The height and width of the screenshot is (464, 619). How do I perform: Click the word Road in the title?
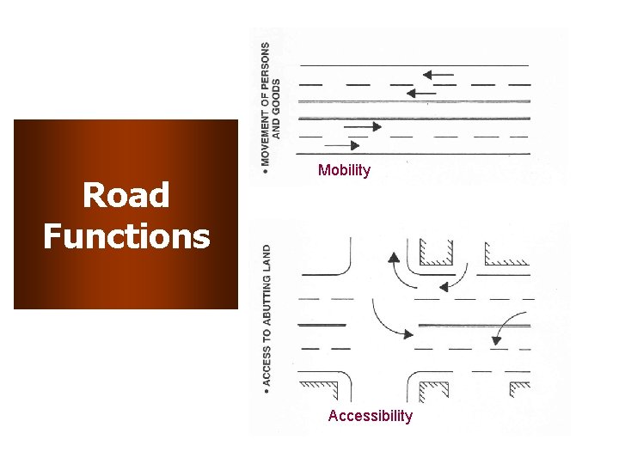(126, 196)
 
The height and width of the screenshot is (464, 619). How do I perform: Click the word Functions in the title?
(126, 235)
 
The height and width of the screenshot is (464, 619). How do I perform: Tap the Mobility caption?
(344, 170)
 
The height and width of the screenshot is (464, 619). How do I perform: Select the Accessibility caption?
(370, 416)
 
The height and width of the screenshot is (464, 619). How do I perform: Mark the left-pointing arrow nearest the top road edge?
(438, 75)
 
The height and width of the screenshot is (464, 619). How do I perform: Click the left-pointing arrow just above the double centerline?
(421, 92)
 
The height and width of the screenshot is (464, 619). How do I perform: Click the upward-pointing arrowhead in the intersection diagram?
(392, 257)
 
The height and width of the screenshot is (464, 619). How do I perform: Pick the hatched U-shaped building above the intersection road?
(437, 252)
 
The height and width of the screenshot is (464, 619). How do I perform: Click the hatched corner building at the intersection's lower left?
(324, 386)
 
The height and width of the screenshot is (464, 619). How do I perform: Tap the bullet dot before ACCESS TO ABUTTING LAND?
(267, 391)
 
